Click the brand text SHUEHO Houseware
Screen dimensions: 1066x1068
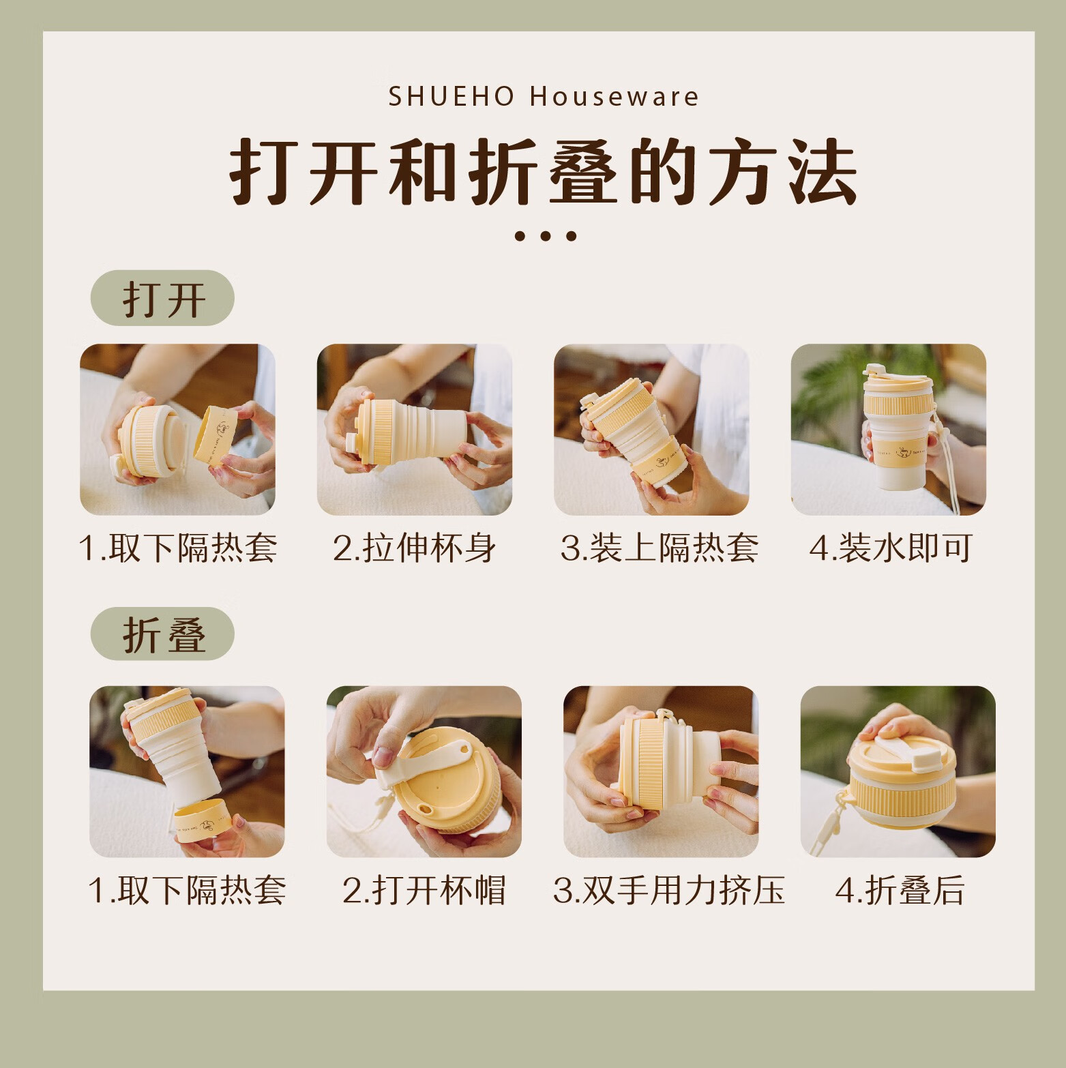click(x=544, y=97)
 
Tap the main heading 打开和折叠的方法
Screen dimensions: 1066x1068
click(x=544, y=171)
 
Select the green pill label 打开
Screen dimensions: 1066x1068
click(x=162, y=298)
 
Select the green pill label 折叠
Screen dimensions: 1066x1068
click(x=162, y=634)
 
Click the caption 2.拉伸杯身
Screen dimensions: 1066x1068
click(x=415, y=548)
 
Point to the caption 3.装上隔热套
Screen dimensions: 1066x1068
click(x=659, y=548)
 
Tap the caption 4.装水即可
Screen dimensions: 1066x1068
click(x=891, y=548)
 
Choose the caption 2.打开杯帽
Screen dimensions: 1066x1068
click(x=424, y=890)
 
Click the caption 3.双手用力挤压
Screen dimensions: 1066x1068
click(x=669, y=890)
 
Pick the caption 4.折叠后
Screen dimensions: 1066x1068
click(x=900, y=890)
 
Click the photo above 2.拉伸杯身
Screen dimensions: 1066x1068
click(x=415, y=430)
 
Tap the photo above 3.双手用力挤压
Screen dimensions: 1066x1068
click(x=661, y=771)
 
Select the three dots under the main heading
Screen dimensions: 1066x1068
click(x=545, y=236)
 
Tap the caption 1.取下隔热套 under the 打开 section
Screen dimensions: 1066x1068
click(x=178, y=548)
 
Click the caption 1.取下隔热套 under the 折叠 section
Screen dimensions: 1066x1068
click(x=187, y=890)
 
